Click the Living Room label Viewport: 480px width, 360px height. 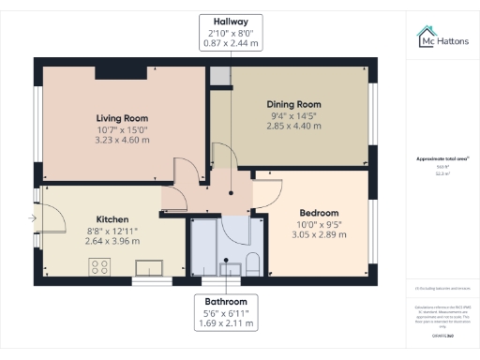(123, 117)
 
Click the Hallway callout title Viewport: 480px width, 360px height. (230, 21)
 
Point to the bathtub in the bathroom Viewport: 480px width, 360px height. (203, 248)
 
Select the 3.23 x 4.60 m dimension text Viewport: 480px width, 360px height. (123, 141)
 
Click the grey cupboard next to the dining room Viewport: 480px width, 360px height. (218, 76)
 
